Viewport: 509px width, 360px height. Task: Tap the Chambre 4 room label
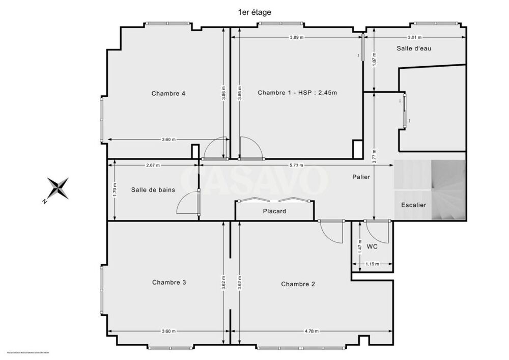(168, 93)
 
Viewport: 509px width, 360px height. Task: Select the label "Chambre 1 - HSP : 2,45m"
(298, 93)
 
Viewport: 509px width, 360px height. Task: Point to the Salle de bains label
(153, 190)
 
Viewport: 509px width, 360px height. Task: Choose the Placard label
(274, 211)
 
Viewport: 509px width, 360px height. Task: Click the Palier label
(361, 177)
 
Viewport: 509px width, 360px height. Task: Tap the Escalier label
(413, 205)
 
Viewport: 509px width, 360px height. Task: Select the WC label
(372, 247)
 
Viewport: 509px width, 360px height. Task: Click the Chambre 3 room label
(169, 283)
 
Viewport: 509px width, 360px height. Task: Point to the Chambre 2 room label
(298, 284)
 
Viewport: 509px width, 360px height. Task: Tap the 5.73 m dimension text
(297, 165)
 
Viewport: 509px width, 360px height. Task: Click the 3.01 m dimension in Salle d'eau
(415, 37)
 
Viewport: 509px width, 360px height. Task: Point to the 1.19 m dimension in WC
(373, 264)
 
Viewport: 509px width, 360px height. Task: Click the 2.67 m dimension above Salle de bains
(153, 165)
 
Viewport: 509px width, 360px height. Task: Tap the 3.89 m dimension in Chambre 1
(297, 37)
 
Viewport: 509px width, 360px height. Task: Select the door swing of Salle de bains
(186, 203)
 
